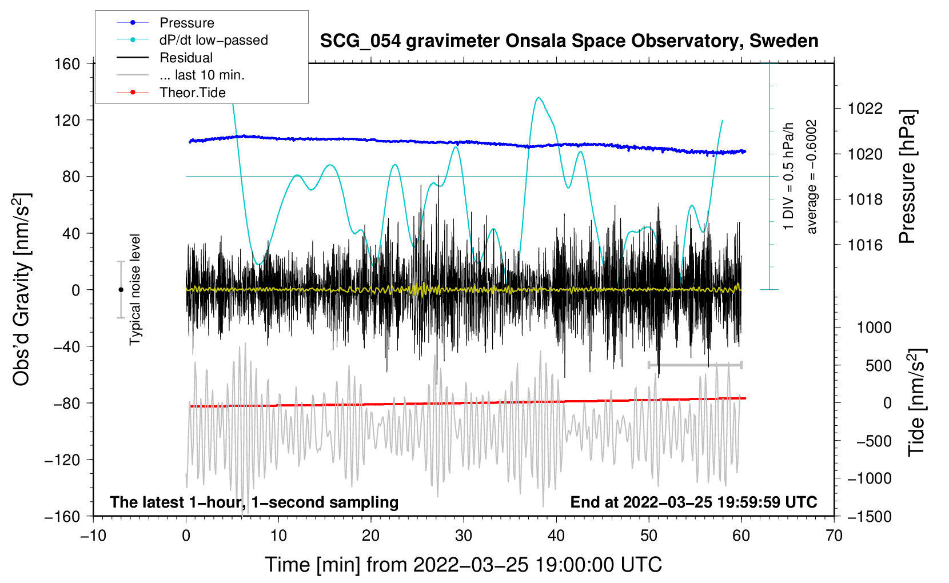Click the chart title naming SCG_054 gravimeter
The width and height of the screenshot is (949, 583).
569,41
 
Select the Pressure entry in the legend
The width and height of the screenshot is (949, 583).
186,23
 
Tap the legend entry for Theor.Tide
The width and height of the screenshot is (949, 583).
192,93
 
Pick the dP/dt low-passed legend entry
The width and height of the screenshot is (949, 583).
213,40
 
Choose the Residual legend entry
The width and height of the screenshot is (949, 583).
186,58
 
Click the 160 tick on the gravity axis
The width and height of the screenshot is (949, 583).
67,63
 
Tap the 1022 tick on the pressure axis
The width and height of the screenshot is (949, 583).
865,109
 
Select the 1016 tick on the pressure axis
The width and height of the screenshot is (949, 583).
865,245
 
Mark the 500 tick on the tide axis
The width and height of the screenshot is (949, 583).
878,365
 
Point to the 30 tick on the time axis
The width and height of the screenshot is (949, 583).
464,536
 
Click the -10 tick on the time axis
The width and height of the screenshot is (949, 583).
93,536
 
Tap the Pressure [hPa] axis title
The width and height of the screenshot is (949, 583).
908,177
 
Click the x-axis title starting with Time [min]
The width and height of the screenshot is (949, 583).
464,565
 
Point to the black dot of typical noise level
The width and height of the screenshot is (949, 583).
121,290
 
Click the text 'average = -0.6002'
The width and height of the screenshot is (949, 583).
812,177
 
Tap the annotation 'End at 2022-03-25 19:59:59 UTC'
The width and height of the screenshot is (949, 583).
693,502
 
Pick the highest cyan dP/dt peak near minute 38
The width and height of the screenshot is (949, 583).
539,98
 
